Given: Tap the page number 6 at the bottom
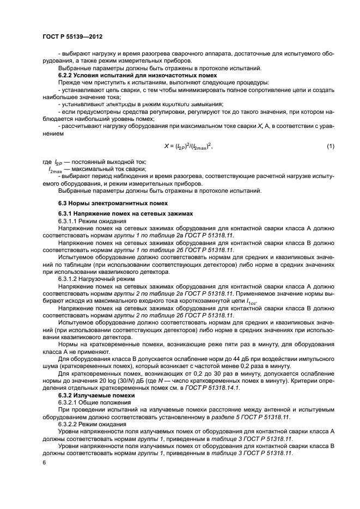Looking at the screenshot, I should click(x=44, y=463).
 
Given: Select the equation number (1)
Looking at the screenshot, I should click(x=330, y=146).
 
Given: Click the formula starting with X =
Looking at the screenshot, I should click(x=188, y=146).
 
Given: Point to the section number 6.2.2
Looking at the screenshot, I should click(x=68, y=75).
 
